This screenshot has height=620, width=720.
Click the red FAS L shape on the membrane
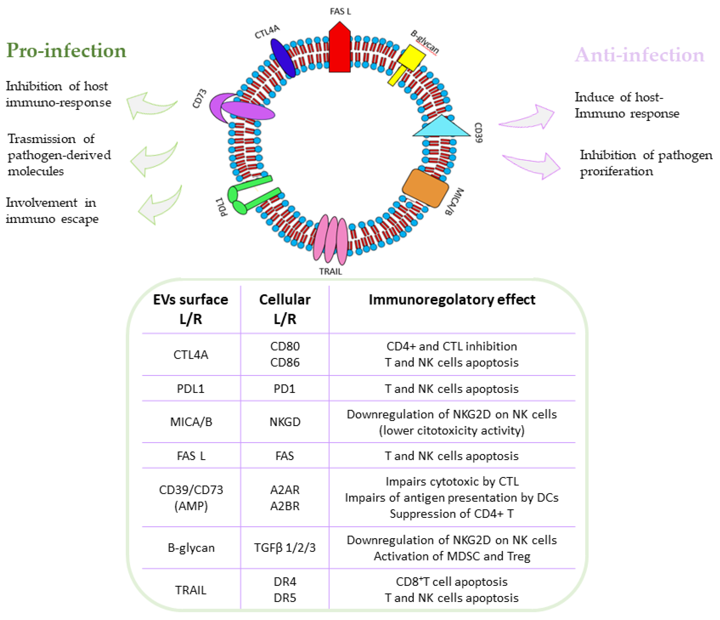(339, 49)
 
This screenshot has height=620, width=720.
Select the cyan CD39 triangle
(441, 127)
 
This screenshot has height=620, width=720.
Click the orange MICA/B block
(425, 188)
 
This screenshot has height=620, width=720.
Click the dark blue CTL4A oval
(283, 58)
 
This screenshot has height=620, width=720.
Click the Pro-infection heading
(66, 50)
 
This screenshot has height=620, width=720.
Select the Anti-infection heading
(639, 55)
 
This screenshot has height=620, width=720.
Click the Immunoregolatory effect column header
(452, 300)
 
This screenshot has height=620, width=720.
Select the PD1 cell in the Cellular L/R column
(285, 388)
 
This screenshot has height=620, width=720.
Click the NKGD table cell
(285, 422)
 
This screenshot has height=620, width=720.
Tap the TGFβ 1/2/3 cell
(285, 548)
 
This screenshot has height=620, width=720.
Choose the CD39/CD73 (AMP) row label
(191, 498)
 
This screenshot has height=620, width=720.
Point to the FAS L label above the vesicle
(340, 11)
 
